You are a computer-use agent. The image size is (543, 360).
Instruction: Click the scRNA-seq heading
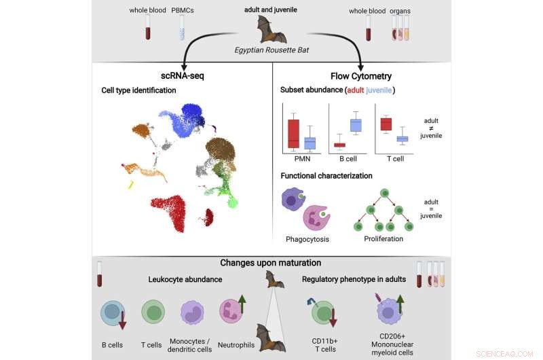pyautogui.click(x=177, y=76)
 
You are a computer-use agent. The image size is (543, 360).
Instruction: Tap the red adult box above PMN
pyautogui.click(x=293, y=133)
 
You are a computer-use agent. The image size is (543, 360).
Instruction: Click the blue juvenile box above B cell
pyautogui.click(x=355, y=125)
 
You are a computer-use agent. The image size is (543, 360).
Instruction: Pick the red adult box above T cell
pyautogui.click(x=386, y=124)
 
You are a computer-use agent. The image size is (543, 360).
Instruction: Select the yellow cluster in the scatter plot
pyautogui.click(x=131, y=184)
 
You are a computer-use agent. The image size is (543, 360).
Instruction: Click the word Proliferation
pyautogui.click(x=383, y=239)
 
